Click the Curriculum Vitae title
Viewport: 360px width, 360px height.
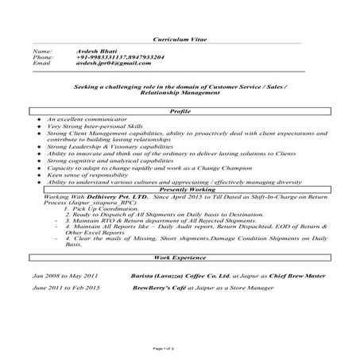(180, 38)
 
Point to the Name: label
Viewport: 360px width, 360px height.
(42, 51)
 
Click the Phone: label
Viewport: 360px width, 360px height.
(43, 57)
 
